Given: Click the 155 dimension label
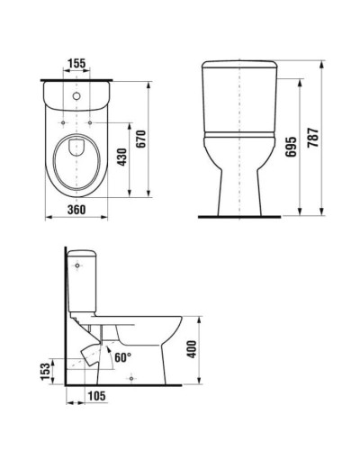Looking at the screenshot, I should pos(76,65).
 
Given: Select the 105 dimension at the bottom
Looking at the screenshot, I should pos(97,395).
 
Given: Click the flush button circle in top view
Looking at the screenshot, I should pos(76,94).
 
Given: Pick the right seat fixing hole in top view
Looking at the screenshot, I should pos(94,117).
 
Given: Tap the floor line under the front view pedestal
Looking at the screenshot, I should pos(238,216).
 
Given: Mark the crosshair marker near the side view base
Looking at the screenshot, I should pos(132,378).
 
